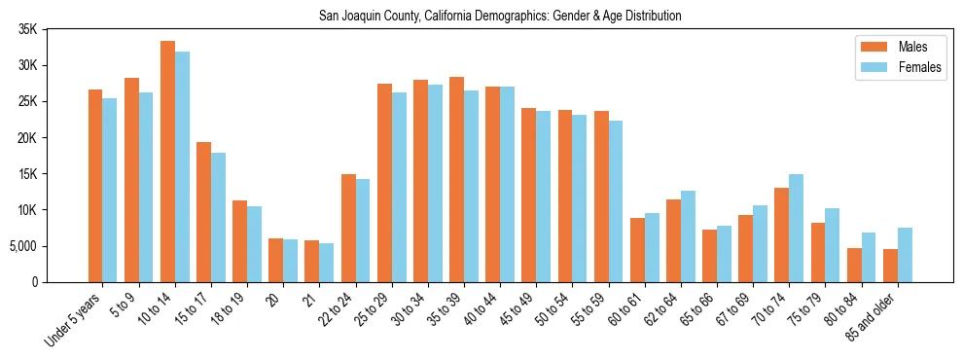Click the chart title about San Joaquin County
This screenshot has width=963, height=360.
(500, 16)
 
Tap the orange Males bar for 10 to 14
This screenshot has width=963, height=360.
(167, 162)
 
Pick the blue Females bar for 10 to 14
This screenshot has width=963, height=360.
(182, 166)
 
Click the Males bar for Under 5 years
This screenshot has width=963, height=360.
(95, 186)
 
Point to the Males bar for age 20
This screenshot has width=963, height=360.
(275, 260)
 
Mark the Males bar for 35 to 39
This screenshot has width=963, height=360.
(456, 179)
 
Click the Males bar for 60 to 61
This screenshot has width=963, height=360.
(637, 250)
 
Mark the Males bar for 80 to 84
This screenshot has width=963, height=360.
(853, 265)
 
